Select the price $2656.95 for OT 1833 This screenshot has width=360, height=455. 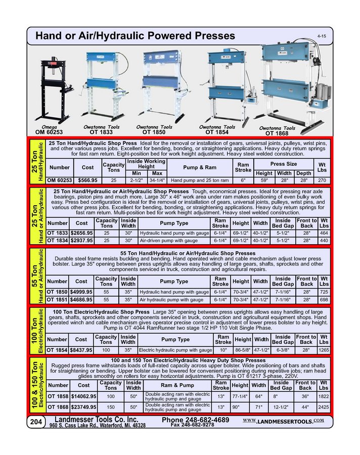pos(81,233)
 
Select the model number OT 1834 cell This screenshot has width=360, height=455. pos(57,240)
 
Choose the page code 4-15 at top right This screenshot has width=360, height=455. pos(321,36)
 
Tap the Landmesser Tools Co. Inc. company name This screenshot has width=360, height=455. pos(96,420)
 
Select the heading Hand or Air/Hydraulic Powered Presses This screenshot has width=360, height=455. pos(135,36)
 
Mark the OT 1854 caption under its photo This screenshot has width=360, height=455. pos(216,132)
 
